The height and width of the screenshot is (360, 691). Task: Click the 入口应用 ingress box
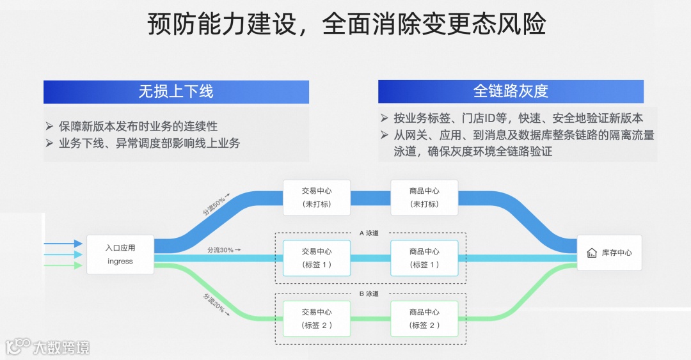(x=120, y=254)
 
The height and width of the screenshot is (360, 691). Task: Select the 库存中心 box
(x=608, y=253)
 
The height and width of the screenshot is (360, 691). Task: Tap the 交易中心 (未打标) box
(x=317, y=198)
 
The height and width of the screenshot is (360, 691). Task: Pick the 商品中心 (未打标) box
(x=424, y=198)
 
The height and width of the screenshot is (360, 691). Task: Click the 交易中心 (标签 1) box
(x=317, y=258)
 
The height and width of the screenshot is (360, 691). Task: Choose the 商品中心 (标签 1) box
(x=424, y=258)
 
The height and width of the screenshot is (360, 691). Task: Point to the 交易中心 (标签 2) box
(x=317, y=319)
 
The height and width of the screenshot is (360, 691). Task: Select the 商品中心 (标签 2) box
(x=424, y=319)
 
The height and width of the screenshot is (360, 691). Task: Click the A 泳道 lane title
(x=370, y=233)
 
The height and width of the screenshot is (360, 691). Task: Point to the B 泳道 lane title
(x=370, y=294)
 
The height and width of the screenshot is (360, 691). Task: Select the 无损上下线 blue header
(x=176, y=91)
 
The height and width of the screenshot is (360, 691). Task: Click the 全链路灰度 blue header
(x=511, y=91)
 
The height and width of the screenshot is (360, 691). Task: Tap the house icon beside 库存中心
(x=592, y=253)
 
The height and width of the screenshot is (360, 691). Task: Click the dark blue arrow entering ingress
(x=64, y=244)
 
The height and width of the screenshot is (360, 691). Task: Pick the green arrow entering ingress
(x=64, y=265)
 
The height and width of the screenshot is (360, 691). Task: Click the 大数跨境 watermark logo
(x=48, y=347)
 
